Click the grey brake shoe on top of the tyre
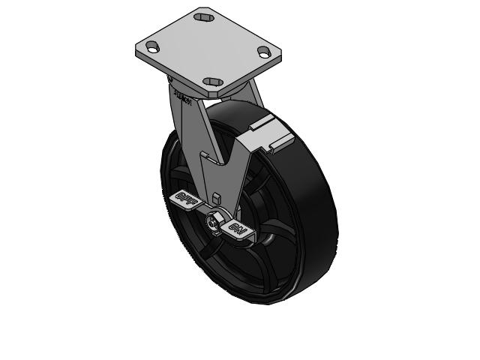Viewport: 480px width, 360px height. tap(266, 131)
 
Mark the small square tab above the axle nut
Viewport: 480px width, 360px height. tap(216, 198)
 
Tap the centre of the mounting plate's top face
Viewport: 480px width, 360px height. tap(208, 49)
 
